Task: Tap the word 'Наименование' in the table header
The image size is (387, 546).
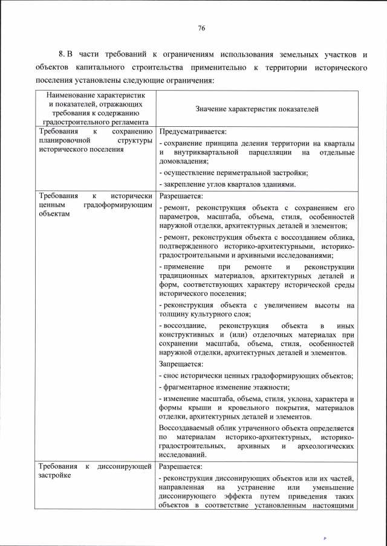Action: (x=67, y=95)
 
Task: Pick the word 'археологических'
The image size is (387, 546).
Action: (x=324, y=446)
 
